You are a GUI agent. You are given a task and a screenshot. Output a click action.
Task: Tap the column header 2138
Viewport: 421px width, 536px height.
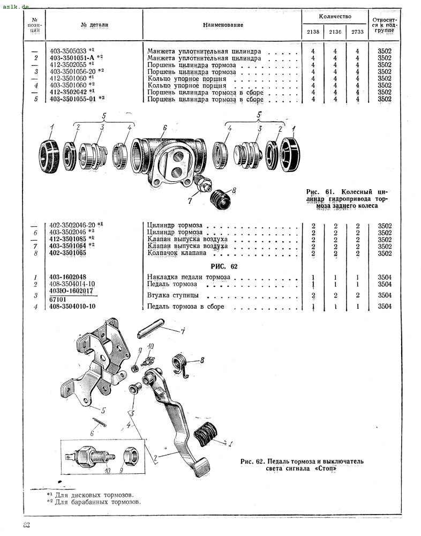(x=312, y=32)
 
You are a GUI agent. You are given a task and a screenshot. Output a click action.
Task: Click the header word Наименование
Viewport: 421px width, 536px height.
(x=223, y=25)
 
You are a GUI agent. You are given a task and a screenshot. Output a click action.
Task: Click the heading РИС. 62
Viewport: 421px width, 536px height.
(x=224, y=266)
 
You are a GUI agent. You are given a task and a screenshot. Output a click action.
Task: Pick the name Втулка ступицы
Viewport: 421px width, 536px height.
(x=172, y=295)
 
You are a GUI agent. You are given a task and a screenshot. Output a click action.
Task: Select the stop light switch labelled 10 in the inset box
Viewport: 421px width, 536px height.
(x=96, y=458)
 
